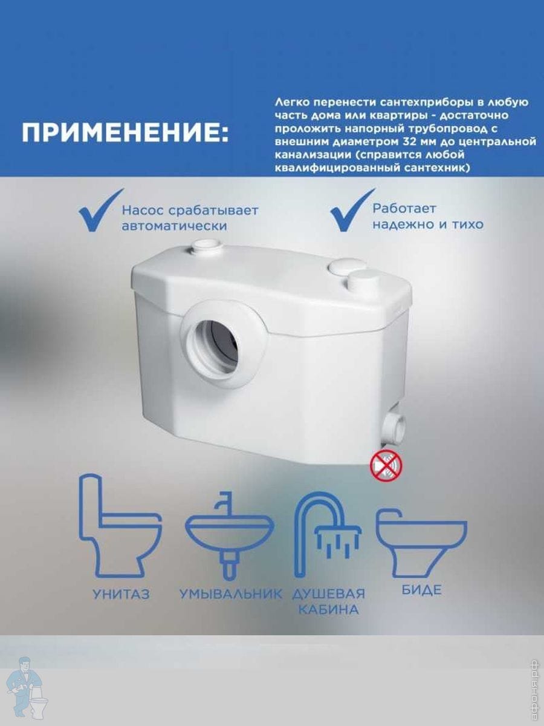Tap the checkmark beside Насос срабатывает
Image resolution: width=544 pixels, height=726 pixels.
click(101, 210)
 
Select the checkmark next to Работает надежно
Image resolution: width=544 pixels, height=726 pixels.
click(353, 210)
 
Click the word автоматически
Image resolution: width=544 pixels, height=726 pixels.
click(175, 226)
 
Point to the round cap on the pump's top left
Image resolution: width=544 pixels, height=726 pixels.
click(204, 246)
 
